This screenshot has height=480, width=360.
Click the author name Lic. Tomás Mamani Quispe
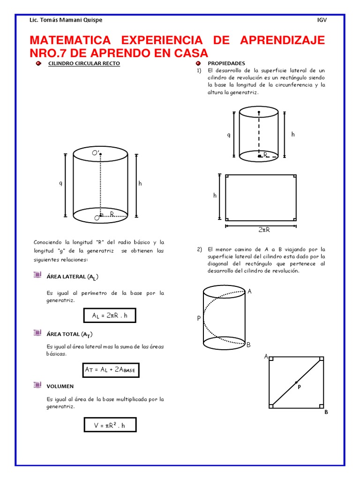(x=66, y=20)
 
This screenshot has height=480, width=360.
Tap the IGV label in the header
(x=322, y=20)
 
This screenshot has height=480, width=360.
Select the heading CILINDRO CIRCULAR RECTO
(x=84, y=63)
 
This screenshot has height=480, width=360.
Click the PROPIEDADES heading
(x=226, y=63)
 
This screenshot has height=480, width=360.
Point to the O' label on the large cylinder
(x=96, y=152)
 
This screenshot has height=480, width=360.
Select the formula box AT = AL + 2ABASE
(x=111, y=370)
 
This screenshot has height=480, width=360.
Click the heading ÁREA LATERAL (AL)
(x=73, y=277)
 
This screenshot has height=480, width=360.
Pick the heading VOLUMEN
(x=60, y=386)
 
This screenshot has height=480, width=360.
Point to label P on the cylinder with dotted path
(x=199, y=318)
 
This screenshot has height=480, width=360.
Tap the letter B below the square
(x=326, y=412)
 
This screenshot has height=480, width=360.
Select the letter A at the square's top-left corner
(x=266, y=357)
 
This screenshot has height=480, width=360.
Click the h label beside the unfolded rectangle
(x=215, y=195)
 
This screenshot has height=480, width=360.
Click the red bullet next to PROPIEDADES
(x=198, y=63)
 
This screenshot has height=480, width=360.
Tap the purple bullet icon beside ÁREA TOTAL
(x=37, y=332)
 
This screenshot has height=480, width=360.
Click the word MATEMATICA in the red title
(x=70, y=40)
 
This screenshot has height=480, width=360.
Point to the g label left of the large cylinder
(x=60, y=183)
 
